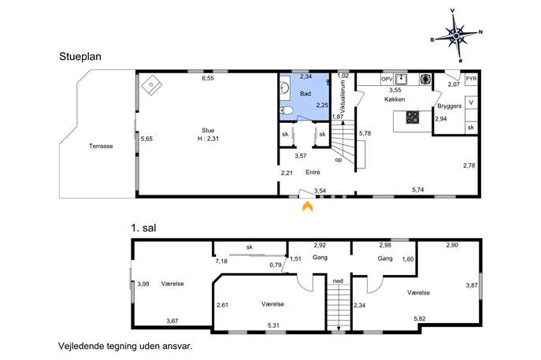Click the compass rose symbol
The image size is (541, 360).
(x=456, y=36)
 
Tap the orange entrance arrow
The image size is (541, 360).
(x=308, y=206)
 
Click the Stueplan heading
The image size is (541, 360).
(x=80, y=57)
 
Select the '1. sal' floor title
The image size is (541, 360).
(x=143, y=228)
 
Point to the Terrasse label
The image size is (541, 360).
(x=101, y=146)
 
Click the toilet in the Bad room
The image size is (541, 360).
(x=286, y=110)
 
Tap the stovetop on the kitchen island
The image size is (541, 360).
(x=412, y=117)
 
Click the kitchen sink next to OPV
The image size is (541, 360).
(x=401, y=80)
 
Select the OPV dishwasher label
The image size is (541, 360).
(x=387, y=79)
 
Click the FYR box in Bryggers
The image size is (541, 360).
(x=471, y=79)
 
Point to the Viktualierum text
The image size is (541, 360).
(x=343, y=98)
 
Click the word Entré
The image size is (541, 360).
(x=313, y=173)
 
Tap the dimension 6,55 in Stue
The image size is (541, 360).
(x=208, y=78)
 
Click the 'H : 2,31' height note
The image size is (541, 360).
(x=208, y=139)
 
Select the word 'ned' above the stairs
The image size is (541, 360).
(x=338, y=281)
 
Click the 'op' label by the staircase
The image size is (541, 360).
(x=339, y=160)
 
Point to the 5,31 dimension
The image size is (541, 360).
(x=273, y=325)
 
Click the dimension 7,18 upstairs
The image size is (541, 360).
(x=221, y=262)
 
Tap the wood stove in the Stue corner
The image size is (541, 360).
(x=151, y=84)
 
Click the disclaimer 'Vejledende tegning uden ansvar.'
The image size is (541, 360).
(x=125, y=346)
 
